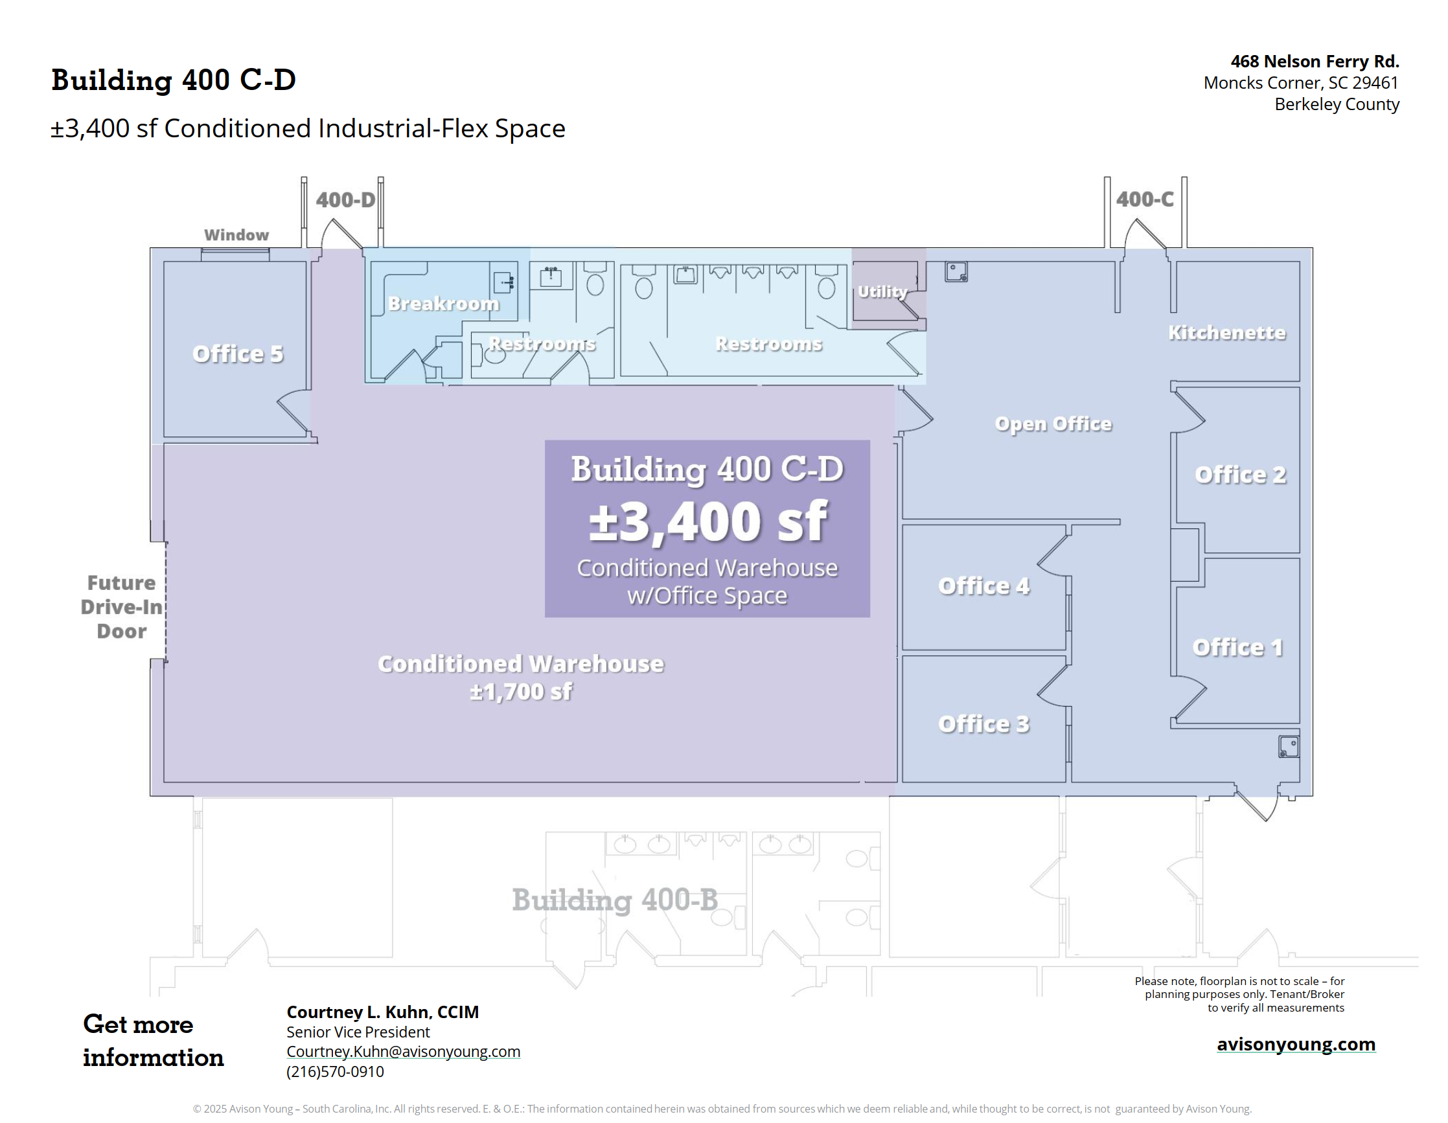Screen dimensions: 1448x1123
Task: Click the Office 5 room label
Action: [x=238, y=354]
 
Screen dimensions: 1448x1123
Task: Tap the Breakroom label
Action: [x=444, y=304]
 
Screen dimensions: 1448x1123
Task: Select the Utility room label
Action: [x=882, y=291]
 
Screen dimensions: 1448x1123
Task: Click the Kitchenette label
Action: [x=1226, y=332]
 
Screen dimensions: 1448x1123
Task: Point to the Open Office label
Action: [x=1053, y=424]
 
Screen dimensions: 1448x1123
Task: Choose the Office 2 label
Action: [x=1241, y=475]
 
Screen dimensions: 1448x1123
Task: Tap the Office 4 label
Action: [x=984, y=586]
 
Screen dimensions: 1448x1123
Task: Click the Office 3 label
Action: [x=984, y=724]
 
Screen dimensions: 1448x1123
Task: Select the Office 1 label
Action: [x=1238, y=647]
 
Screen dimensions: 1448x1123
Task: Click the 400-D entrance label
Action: [x=345, y=199]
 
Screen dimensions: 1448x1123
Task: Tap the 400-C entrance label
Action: [x=1145, y=199]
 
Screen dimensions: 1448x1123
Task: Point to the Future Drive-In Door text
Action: [x=122, y=607]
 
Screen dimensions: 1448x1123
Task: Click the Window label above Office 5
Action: [x=236, y=234]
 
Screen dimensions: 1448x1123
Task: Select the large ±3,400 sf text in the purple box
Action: [x=707, y=522]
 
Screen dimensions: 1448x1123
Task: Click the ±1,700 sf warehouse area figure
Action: [x=521, y=692]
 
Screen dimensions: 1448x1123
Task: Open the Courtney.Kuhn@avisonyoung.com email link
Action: [x=403, y=1051]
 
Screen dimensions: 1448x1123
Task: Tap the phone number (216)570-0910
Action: [x=335, y=1071]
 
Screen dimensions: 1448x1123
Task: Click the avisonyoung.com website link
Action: [x=1296, y=1044]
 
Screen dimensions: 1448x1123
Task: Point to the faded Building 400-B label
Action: [x=615, y=900]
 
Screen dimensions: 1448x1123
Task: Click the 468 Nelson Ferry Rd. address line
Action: [x=1315, y=61]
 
